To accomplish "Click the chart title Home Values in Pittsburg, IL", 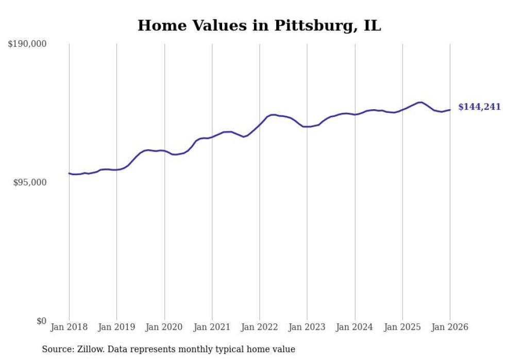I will pyautogui.click(x=259, y=25).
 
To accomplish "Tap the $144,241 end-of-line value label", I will pyautogui.click(x=479, y=107).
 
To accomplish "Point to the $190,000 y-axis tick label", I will pyautogui.click(x=27, y=44).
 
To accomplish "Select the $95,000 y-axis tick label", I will pyautogui.click(x=29, y=182).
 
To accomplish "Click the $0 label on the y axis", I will pyautogui.click(x=41, y=321).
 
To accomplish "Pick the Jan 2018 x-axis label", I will pyautogui.click(x=69, y=327).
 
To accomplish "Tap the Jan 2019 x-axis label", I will pyautogui.click(x=116, y=327).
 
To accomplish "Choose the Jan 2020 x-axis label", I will pyautogui.click(x=164, y=327).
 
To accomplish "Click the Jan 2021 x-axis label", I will pyautogui.click(x=212, y=327).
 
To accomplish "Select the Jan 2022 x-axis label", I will pyautogui.click(x=260, y=327).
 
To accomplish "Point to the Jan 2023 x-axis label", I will pyautogui.click(x=307, y=327).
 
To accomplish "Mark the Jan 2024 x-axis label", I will pyautogui.click(x=355, y=327).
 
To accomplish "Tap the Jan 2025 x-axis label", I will pyautogui.click(x=402, y=327).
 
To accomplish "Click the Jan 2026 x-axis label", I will pyautogui.click(x=450, y=327).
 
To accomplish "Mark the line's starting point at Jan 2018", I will pyautogui.click(x=69, y=173).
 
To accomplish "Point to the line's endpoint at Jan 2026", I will pyautogui.click(x=450, y=109).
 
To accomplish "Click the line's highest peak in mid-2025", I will pyautogui.click(x=420, y=102).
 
